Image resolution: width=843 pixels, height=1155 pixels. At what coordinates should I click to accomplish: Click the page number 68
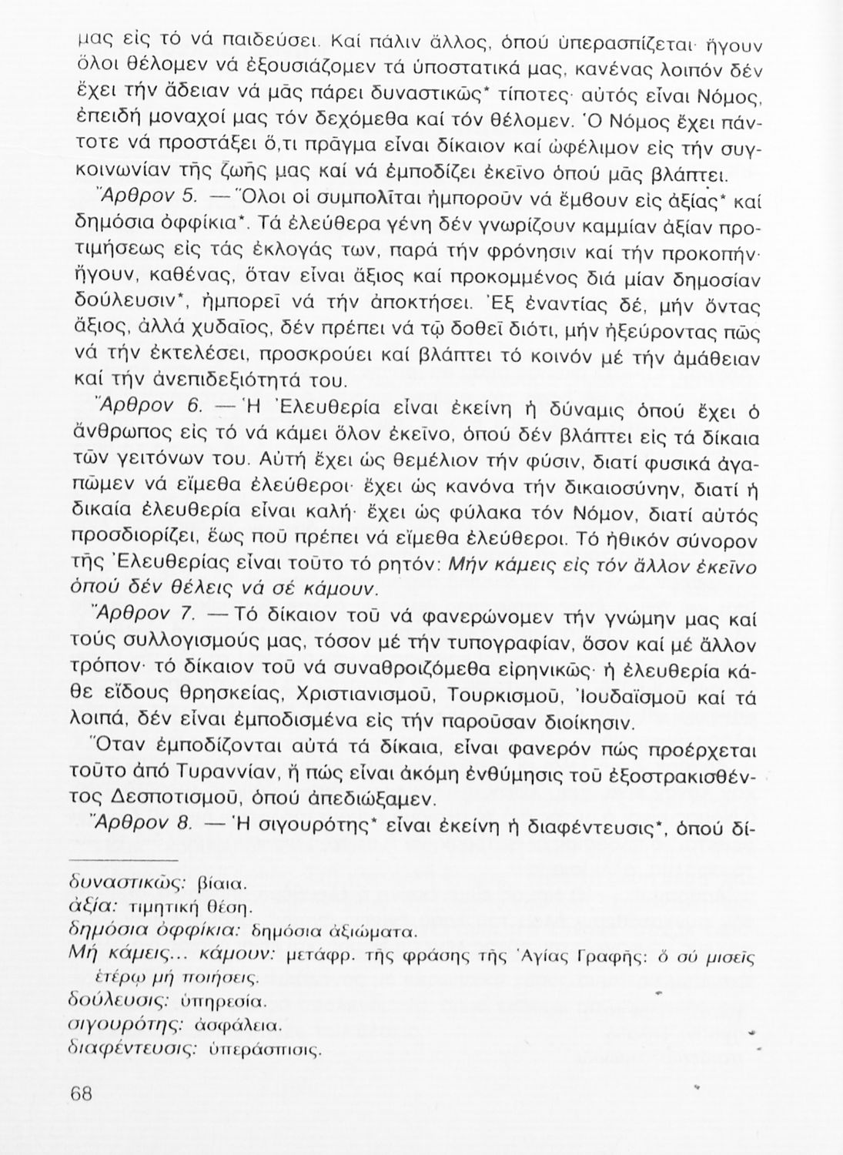point(81,1094)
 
